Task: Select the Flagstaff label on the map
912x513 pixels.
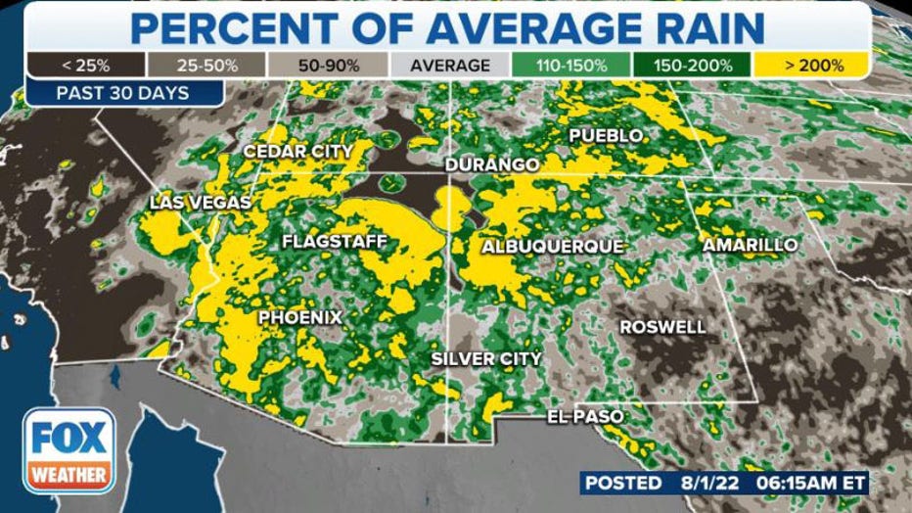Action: [x=335, y=241]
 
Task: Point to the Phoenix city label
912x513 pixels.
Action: [x=300, y=318]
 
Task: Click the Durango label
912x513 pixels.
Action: [x=492, y=164]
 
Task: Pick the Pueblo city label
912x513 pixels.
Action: [x=606, y=135]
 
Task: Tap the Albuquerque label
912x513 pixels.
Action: [x=552, y=247]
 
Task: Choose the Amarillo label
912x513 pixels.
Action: [x=751, y=245]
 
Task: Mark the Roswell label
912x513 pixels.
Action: [x=662, y=327]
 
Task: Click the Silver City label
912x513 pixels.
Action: [x=486, y=359]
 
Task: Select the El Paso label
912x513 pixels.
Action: [x=585, y=418]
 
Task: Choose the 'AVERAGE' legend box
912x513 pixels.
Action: [x=450, y=66]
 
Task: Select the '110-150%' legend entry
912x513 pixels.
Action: [x=570, y=66]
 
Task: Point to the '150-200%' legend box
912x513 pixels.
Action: [x=692, y=66]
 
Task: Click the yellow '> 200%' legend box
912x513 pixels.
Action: [x=812, y=66]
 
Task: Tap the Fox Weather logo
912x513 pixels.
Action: [x=68, y=450]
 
